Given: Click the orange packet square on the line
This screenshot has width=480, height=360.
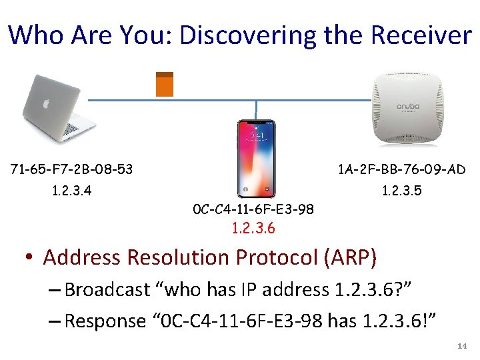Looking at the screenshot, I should click(x=164, y=85).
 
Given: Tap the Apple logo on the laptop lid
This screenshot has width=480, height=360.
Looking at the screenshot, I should click(x=46, y=104).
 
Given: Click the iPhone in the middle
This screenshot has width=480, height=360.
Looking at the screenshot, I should click(x=257, y=159).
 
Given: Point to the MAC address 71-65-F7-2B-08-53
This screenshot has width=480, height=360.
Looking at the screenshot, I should click(x=72, y=169).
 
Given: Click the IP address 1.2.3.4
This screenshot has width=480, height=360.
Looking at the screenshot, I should click(x=72, y=191).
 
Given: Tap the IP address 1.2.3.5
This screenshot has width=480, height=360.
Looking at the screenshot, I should click(x=401, y=191).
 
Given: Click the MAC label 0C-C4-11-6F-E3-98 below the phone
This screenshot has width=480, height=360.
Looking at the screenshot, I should click(x=253, y=211).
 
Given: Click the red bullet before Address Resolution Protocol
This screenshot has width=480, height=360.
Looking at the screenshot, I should click(x=31, y=258).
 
